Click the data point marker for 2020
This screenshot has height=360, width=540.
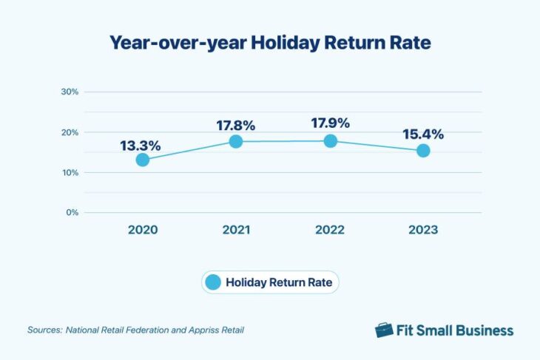(x=143, y=160)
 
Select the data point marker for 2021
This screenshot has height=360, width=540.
(x=236, y=141)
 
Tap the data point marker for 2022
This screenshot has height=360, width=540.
(x=330, y=140)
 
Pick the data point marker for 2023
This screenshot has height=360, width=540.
(x=423, y=151)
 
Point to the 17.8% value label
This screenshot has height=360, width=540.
(x=236, y=125)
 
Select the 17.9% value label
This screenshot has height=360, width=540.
(x=330, y=123)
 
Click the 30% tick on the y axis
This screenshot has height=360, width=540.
(x=70, y=92)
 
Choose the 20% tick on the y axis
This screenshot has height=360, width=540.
(x=70, y=132)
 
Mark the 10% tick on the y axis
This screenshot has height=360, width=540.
(x=70, y=172)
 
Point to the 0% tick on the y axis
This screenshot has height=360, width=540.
(x=72, y=213)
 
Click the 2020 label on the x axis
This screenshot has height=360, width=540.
(x=143, y=230)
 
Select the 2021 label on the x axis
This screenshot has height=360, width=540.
(x=236, y=230)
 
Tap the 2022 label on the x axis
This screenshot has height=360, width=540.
(x=330, y=230)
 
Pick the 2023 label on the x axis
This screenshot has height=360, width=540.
(x=423, y=230)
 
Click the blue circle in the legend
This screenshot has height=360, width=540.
(x=212, y=282)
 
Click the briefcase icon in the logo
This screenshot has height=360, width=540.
(x=383, y=330)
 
